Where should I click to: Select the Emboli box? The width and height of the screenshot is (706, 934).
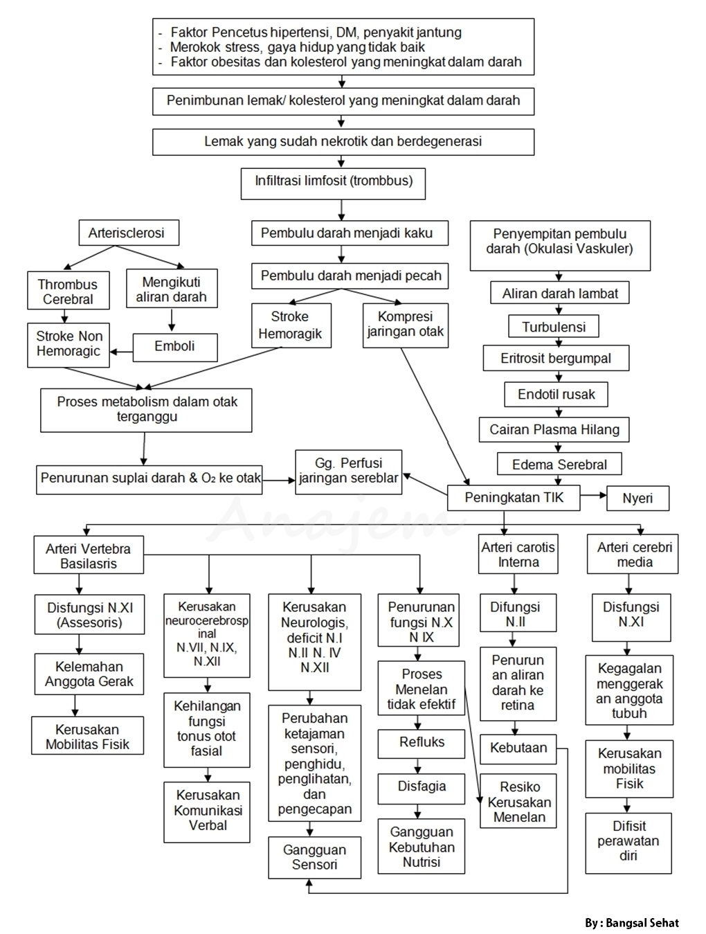pyautogui.click(x=174, y=346)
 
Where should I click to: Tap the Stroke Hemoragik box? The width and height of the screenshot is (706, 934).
pyautogui.click(x=290, y=325)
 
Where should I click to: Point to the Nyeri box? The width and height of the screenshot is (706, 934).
pyautogui.click(x=637, y=498)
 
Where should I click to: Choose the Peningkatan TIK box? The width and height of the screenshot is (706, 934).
pyautogui.click(x=514, y=497)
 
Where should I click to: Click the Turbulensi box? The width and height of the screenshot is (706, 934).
pyautogui.click(x=553, y=327)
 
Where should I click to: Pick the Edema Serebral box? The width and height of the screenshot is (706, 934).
pyautogui.click(x=559, y=464)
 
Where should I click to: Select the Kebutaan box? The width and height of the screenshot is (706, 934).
pyautogui.click(x=518, y=748)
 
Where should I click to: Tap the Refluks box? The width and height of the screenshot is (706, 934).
pyautogui.click(x=421, y=742)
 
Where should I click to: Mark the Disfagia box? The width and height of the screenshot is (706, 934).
pyautogui.click(x=421, y=787)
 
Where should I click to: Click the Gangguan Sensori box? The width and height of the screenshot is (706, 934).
pyautogui.click(x=314, y=857)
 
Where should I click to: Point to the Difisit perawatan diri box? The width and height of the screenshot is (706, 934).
pyautogui.click(x=628, y=841)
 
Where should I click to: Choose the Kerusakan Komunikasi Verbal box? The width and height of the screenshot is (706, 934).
pyautogui.click(x=207, y=811)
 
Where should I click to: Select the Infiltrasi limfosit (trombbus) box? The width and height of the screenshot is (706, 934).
pyautogui.click(x=333, y=182)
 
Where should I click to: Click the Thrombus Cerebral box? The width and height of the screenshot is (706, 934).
pyautogui.click(x=67, y=291)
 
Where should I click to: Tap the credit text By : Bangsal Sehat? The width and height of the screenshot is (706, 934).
pyautogui.click(x=631, y=923)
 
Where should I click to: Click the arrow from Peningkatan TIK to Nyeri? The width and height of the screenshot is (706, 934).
pyautogui.click(x=592, y=496)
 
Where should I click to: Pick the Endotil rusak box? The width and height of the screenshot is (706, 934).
pyautogui.click(x=556, y=395)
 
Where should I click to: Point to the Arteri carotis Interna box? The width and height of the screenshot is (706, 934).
pyautogui.click(x=518, y=554)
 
